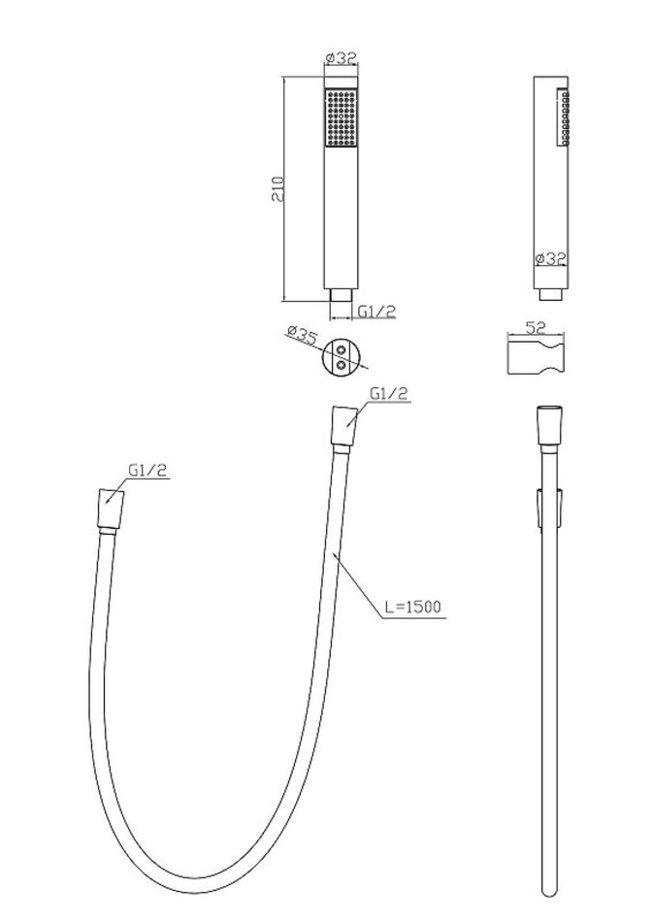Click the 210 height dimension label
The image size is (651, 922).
click(277, 188)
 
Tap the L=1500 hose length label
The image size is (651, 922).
click(413, 607)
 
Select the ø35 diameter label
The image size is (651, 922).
click(303, 335)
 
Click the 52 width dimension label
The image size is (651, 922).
click(536, 327)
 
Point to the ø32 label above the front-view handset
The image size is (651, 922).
click(341, 57)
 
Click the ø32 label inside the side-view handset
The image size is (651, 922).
click(550, 258)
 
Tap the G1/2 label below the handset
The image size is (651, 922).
click(376, 312)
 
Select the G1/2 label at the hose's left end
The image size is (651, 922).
click(148, 470)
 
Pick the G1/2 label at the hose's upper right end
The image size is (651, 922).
click(388, 393)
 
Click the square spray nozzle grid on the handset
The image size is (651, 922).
click(341, 117)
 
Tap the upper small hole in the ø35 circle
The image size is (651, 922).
click(341, 350)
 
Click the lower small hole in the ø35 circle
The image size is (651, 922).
click(341, 365)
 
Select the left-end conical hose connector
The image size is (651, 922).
click(111, 509)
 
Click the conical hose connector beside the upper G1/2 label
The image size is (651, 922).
click(344, 427)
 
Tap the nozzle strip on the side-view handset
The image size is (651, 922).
click(564, 116)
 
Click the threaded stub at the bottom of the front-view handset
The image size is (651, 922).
click(341, 295)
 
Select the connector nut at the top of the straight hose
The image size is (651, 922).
click(550, 426)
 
